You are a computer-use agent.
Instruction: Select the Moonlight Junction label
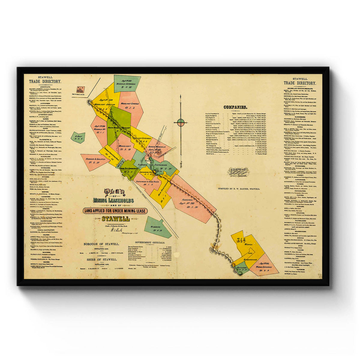tap(105, 104)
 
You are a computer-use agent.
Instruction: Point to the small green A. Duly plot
tap(78, 137)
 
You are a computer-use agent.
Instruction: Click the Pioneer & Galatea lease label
tap(95, 159)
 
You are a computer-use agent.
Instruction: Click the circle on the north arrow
tap(181, 122)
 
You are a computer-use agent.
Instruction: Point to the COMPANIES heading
tap(235, 107)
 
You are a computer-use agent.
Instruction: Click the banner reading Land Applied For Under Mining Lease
tap(115, 211)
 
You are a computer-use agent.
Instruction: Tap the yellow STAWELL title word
tap(115, 219)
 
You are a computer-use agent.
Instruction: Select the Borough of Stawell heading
tap(103, 244)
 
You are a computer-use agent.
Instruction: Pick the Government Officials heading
tap(150, 242)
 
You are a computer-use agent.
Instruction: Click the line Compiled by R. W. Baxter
tap(239, 189)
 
